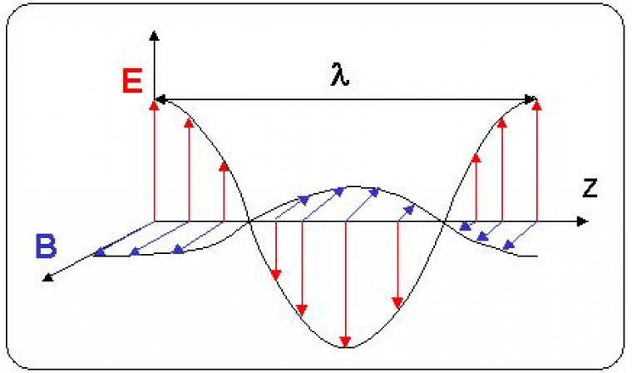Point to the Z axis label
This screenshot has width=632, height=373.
[589, 189]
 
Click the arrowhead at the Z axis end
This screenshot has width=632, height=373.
[584, 221]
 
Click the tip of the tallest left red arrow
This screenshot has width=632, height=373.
[155, 103]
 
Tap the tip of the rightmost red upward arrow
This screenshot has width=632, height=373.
[537, 102]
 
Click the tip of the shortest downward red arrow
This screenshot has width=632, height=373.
[276, 275]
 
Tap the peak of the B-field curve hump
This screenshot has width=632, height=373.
[353, 186]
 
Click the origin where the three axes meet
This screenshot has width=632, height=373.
[156, 221]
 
